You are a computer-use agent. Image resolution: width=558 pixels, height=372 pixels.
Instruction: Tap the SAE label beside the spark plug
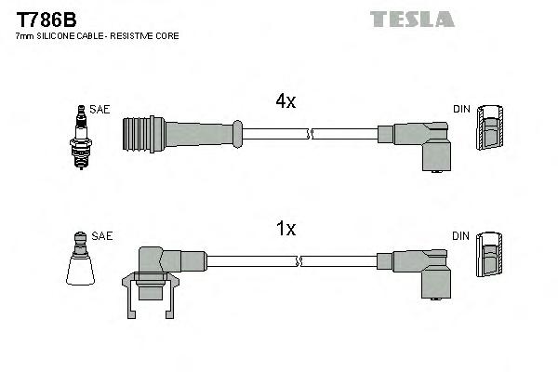tap(100, 110)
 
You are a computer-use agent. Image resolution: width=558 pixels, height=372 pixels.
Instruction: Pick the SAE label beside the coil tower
tap(102, 236)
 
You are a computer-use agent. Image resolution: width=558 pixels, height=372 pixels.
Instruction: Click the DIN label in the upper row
tap(461, 110)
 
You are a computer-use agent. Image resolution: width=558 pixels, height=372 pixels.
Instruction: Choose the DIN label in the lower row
tap(461, 236)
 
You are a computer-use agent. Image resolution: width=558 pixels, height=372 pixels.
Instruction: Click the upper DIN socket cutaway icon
tap(491, 128)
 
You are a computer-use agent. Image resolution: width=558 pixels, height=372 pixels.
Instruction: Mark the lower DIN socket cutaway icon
tap(491, 254)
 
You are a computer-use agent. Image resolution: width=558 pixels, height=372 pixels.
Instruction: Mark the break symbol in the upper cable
tap(312, 134)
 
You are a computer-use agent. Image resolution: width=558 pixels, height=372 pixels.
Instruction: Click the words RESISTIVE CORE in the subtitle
tap(150, 35)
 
